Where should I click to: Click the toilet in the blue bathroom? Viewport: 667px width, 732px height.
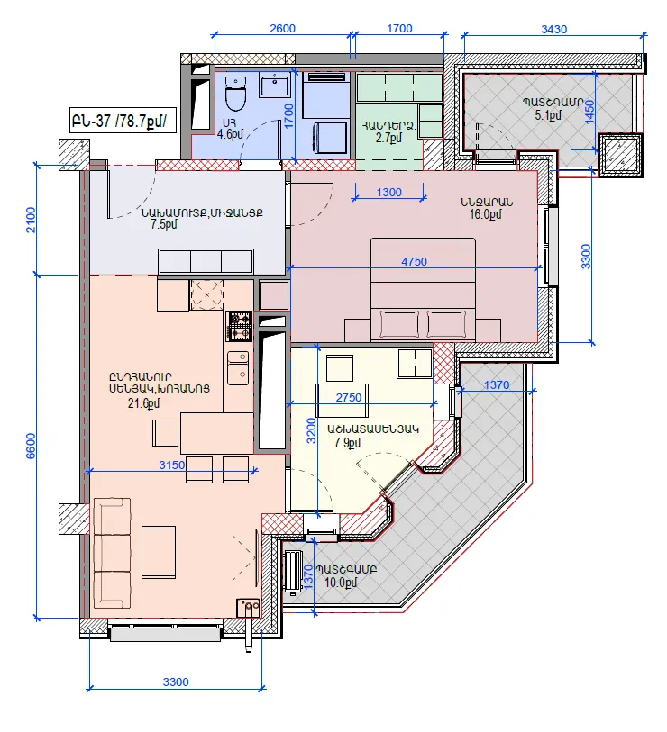coord(235,94)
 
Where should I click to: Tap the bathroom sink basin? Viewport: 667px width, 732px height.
coord(274,86)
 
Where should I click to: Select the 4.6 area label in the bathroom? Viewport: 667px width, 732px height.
coord(230,135)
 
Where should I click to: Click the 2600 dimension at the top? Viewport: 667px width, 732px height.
coord(282,29)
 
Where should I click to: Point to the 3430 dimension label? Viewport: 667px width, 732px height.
coord(554,30)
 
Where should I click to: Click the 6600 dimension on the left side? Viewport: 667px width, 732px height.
coord(31,446)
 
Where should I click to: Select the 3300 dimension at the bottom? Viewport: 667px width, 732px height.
coord(176,682)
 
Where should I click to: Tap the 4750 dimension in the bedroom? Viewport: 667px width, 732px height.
coord(414,261)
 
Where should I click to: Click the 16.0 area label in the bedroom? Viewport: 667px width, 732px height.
coord(485,214)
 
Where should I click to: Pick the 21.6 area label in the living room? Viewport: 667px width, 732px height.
coord(143,403)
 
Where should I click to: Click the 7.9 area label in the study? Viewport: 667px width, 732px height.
coord(347,442)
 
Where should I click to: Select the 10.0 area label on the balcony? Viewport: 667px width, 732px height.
coord(341,583)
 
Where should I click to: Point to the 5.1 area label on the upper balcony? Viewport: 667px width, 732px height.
coord(548,115)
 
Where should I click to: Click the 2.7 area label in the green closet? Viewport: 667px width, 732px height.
coord(388,138)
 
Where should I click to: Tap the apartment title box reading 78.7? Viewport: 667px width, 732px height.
coord(123,121)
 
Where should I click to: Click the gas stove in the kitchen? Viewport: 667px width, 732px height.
coord(240,327)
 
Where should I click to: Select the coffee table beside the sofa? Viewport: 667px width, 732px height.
coord(159,552)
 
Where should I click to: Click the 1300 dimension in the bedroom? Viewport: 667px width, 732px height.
coord(388,193)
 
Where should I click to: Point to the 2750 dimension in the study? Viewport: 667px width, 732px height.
coord(349,397)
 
